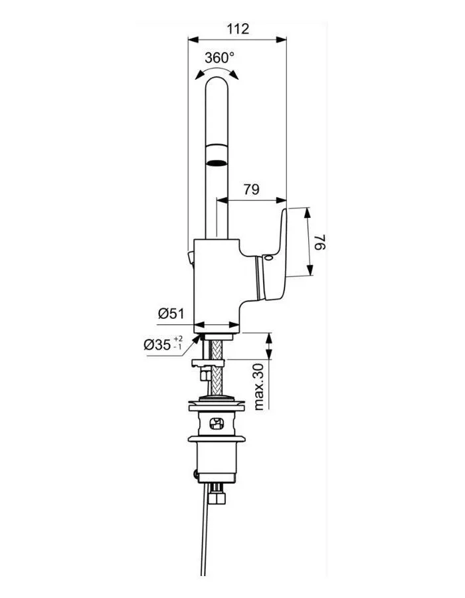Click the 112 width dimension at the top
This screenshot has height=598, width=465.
pos(237,29)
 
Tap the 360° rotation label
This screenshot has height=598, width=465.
pos(219,58)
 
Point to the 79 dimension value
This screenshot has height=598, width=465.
pos(250,190)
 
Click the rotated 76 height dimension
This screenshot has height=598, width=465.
pos(321,242)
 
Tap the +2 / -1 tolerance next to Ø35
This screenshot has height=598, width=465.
pos(177,343)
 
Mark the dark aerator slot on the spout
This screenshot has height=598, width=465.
pos(216,160)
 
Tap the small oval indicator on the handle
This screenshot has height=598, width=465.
pos(267,258)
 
